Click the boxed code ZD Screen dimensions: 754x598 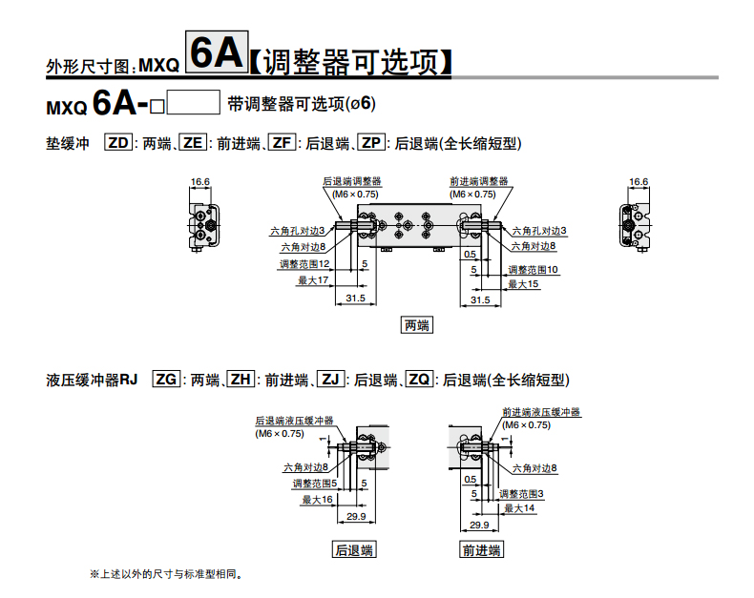(118, 143)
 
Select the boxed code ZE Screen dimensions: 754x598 (193, 143)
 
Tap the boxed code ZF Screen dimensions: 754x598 (282, 143)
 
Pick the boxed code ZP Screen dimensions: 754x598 (371, 143)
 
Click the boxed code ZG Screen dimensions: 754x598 (166, 380)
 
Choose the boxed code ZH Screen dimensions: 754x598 (241, 380)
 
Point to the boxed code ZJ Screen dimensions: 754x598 (330, 380)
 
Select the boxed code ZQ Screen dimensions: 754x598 (419, 380)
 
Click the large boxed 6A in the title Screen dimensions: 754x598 (217, 52)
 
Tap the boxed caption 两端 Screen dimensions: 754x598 (417, 325)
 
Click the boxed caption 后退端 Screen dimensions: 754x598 (354, 550)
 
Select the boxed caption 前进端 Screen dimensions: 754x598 (481, 550)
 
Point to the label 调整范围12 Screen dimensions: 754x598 (304, 264)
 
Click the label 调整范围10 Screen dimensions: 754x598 (534, 270)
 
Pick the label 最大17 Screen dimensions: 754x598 (313, 280)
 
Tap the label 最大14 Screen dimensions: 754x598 (519, 508)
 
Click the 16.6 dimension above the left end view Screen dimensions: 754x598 (200, 182)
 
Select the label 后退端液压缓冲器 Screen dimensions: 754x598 (294, 421)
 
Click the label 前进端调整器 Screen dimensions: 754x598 (479, 181)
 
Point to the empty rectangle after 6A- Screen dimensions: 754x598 (194, 102)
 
